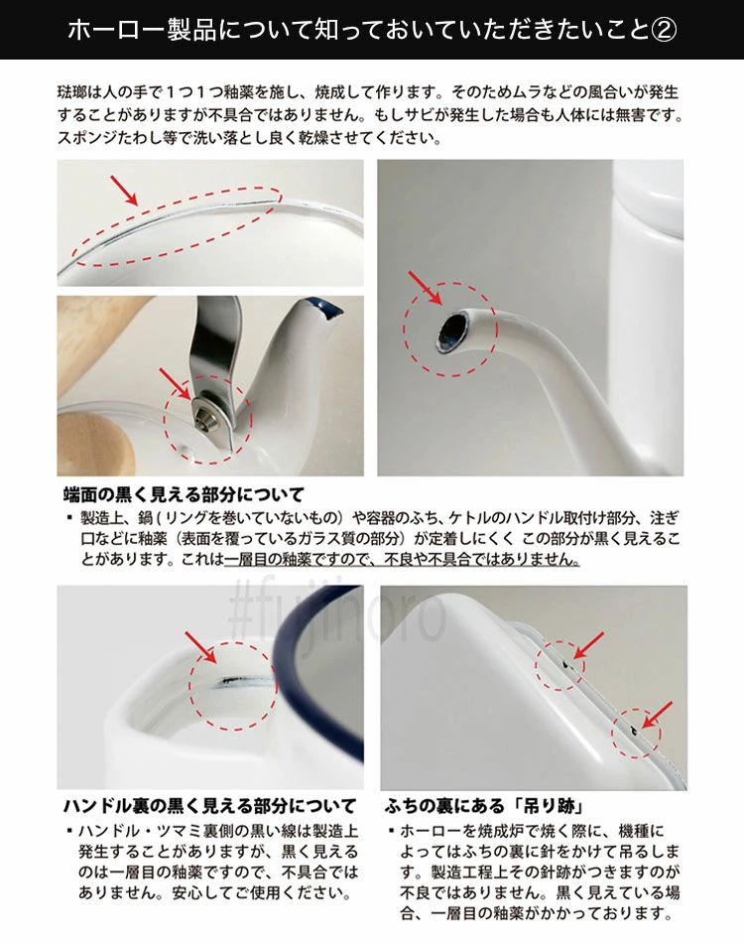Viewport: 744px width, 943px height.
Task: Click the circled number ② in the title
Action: pos(664,30)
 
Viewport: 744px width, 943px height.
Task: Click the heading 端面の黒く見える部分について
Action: pos(184,495)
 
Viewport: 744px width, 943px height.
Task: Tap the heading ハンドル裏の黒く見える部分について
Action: pos(209,805)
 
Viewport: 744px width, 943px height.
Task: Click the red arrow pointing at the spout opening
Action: pos(425,288)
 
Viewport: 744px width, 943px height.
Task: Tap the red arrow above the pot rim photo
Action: pos(124,190)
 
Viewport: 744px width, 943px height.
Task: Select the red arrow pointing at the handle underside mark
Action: pos(200,647)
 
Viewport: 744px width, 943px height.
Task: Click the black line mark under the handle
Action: pos(237,681)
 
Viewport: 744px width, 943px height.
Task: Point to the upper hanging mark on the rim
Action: pos(566,664)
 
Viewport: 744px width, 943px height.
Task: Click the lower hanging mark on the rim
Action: pos(632,731)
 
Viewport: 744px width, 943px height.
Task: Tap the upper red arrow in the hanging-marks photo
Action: pos(588,646)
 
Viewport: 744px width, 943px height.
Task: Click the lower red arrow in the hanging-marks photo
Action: pos(658,715)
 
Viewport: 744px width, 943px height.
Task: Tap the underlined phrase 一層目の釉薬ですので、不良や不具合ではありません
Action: pos(402,559)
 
